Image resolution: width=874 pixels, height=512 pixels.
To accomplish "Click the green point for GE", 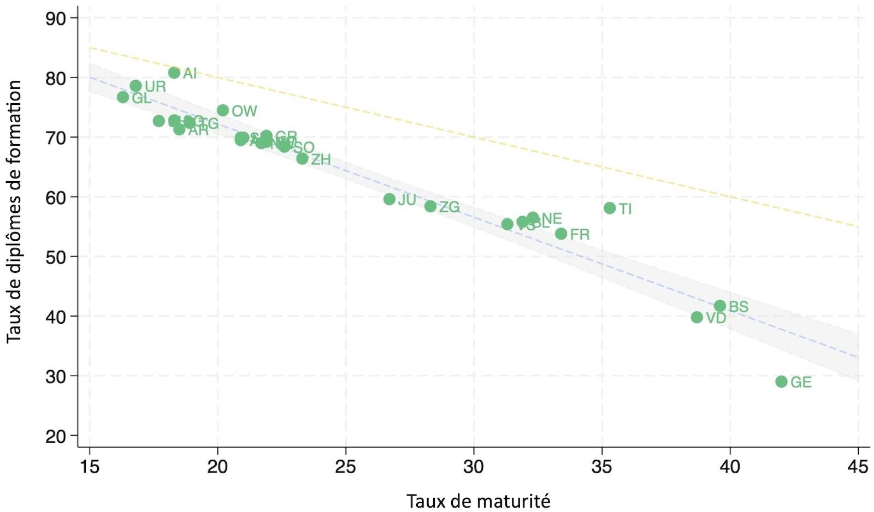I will click(781, 382).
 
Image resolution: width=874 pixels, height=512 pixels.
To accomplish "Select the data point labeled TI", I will click(610, 208).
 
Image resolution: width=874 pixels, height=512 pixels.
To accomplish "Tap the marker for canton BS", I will click(720, 306).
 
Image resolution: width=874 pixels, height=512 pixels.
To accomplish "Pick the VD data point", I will click(696, 317).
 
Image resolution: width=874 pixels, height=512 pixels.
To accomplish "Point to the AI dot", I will click(174, 73).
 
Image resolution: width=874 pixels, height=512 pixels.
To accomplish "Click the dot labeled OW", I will click(223, 110).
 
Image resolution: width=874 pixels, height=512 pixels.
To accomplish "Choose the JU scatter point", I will click(389, 199).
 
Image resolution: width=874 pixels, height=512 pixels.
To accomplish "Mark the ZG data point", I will click(430, 206).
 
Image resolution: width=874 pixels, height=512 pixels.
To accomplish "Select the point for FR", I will click(561, 234).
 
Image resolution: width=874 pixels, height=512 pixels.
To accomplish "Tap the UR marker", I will click(136, 86).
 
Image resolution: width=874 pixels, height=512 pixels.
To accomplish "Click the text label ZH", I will click(321, 159).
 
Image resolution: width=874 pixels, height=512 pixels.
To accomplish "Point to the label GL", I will click(141, 99).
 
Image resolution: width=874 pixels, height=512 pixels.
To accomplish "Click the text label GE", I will click(801, 383).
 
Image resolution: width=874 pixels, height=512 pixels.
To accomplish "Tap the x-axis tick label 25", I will click(346, 467).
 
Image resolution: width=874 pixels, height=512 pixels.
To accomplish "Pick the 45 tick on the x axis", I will click(858, 467).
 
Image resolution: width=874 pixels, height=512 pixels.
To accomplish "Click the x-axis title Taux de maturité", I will click(478, 501).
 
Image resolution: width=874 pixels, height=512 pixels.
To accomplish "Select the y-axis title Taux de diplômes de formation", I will click(15, 212).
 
